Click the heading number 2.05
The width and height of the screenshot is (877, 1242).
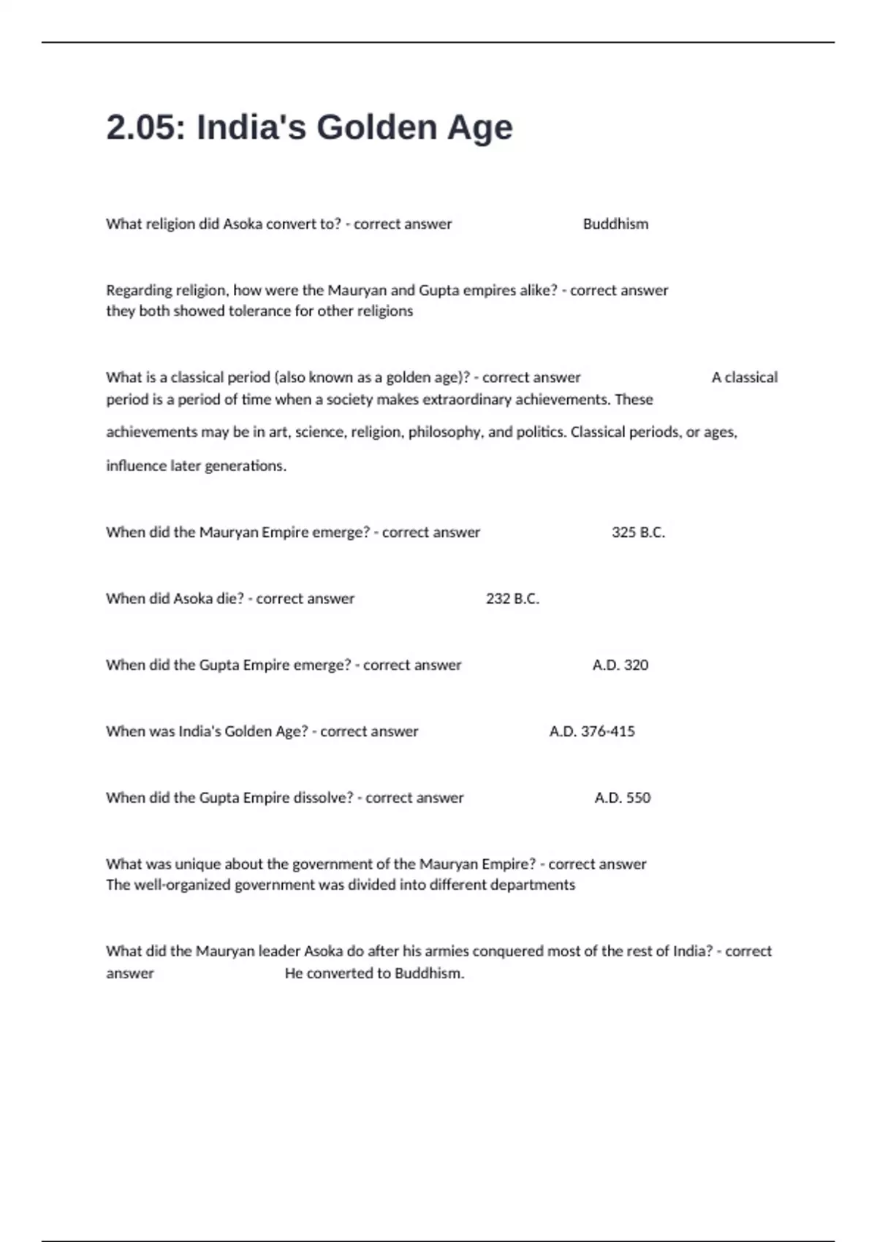146,127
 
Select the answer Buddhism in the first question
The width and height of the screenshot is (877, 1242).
615,224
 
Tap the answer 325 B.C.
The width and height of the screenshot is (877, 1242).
638,533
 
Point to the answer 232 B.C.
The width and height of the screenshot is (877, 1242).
512,599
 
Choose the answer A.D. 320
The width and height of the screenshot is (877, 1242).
620,666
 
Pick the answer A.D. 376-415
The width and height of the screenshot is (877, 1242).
592,731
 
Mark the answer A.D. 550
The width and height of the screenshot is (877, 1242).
622,798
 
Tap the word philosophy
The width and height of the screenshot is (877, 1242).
445,433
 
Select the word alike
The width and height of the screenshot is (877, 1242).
537,291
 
